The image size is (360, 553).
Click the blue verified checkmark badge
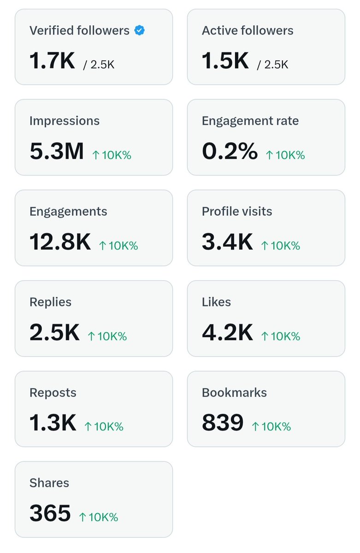pos(140,30)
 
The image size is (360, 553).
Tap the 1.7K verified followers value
pos(52,60)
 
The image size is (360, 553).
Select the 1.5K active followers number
pos(225,60)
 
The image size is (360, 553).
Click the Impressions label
pos(65,121)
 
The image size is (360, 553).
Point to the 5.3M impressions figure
pos(57,151)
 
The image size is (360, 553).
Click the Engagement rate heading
pos(250,121)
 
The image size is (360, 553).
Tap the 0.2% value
pos(230,151)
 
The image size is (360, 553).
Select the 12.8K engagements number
pos(60,241)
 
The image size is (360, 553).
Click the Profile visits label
pos(237,212)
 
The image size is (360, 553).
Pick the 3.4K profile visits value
pos(227,241)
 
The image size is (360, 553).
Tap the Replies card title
pos(50,302)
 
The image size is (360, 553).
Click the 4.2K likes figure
pos(227,332)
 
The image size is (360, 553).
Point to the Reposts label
pos(53,393)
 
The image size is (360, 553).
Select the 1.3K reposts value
pos(53,423)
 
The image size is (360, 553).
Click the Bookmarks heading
pos(234,393)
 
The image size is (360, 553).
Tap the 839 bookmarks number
pos(223,423)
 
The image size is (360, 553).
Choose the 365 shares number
pos(50,513)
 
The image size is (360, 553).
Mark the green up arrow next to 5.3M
pos(96,155)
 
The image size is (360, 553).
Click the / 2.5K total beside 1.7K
pos(99,65)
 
